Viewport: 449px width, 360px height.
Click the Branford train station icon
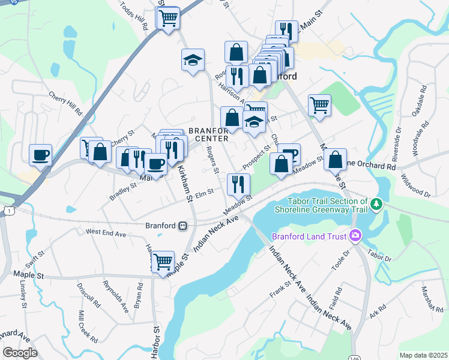pyautogui.click(x=182, y=226)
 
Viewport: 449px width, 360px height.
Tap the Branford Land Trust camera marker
pyautogui.click(x=355, y=236)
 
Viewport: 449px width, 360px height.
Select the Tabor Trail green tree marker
pyautogui.click(x=376, y=205)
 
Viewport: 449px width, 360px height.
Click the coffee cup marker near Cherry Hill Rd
pyautogui.click(x=40, y=155)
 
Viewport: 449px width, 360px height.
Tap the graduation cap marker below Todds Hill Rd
pyautogui.click(x=193, y=59)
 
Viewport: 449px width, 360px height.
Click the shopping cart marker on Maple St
pyautogui.click(x=163, y=262)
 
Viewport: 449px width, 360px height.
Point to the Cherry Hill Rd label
pyautogui.click(x=65, y=103)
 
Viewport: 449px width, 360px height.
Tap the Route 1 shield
pyautogui.click(x=8, y=210)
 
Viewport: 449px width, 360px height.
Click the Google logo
pyautogui.click(x=20, y=353)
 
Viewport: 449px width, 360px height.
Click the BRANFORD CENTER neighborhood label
pyautogui.click(x=208, y=134)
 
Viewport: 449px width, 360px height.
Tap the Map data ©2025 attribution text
pyautogui.click(x=423, y=355)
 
